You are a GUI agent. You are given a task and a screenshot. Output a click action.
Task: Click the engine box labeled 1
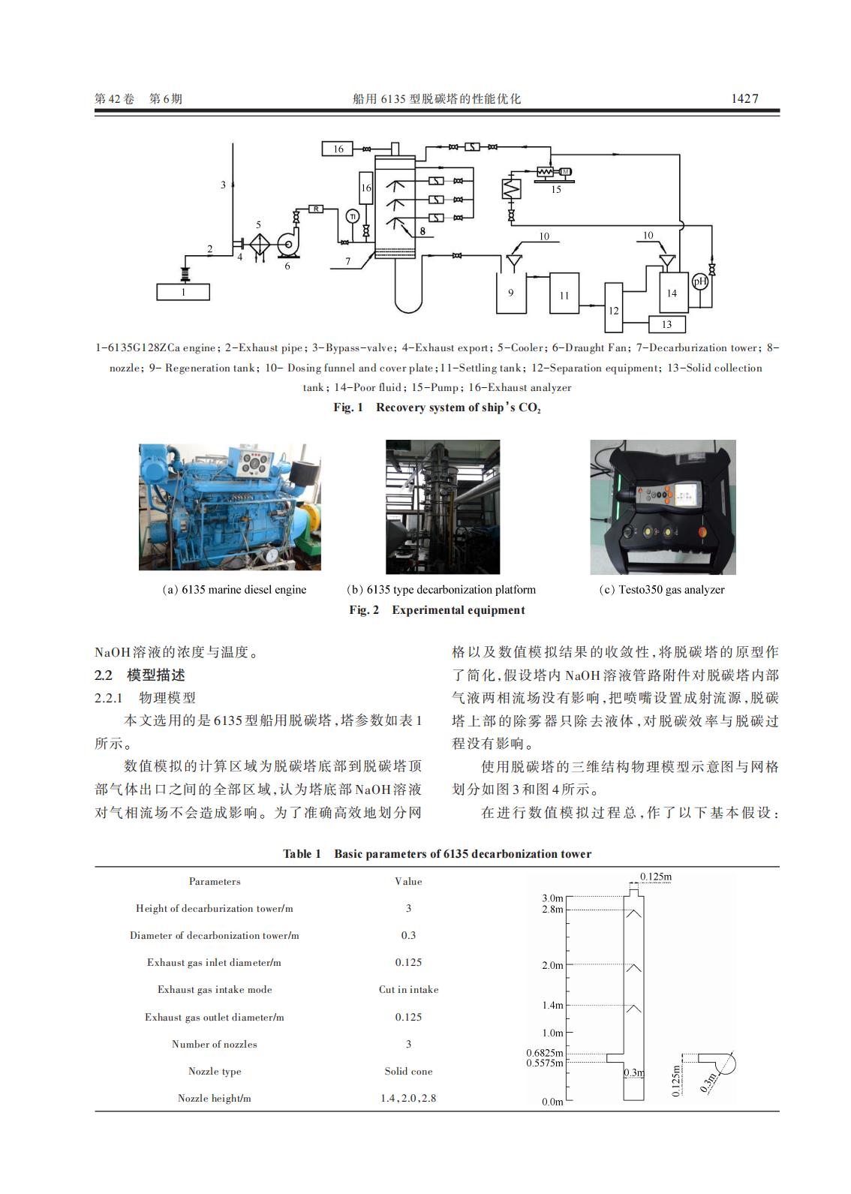point(183,292)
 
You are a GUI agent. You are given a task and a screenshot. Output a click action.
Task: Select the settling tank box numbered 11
point(564,295)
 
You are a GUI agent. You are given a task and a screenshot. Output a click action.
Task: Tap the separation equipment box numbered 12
point(614,308)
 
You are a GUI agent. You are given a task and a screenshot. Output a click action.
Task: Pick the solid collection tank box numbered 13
point(666,324)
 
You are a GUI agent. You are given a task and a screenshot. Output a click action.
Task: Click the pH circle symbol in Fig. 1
point(699,281)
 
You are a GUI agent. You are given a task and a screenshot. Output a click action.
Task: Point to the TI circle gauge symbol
point(352,216)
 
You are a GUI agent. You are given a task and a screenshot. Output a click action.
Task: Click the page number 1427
point(744,98)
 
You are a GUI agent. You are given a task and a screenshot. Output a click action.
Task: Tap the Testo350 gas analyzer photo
point(663,507)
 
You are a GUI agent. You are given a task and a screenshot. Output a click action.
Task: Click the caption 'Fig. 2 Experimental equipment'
point(437,610)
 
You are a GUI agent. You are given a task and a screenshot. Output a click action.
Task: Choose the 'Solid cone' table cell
point(408,1071)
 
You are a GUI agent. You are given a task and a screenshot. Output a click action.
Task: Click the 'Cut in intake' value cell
point(408,989)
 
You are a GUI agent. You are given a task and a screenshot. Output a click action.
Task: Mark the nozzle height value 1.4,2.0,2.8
point(408,1098)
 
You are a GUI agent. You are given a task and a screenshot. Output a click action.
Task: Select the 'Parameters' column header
point(215,881)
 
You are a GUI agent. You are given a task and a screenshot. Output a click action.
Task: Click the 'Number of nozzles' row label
point(215,1044)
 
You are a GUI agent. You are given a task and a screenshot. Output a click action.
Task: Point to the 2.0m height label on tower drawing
point(552,965)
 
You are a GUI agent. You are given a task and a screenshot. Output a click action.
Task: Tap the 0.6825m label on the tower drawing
point(544,1053)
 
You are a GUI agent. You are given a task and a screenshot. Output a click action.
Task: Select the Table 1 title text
point(437,854)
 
